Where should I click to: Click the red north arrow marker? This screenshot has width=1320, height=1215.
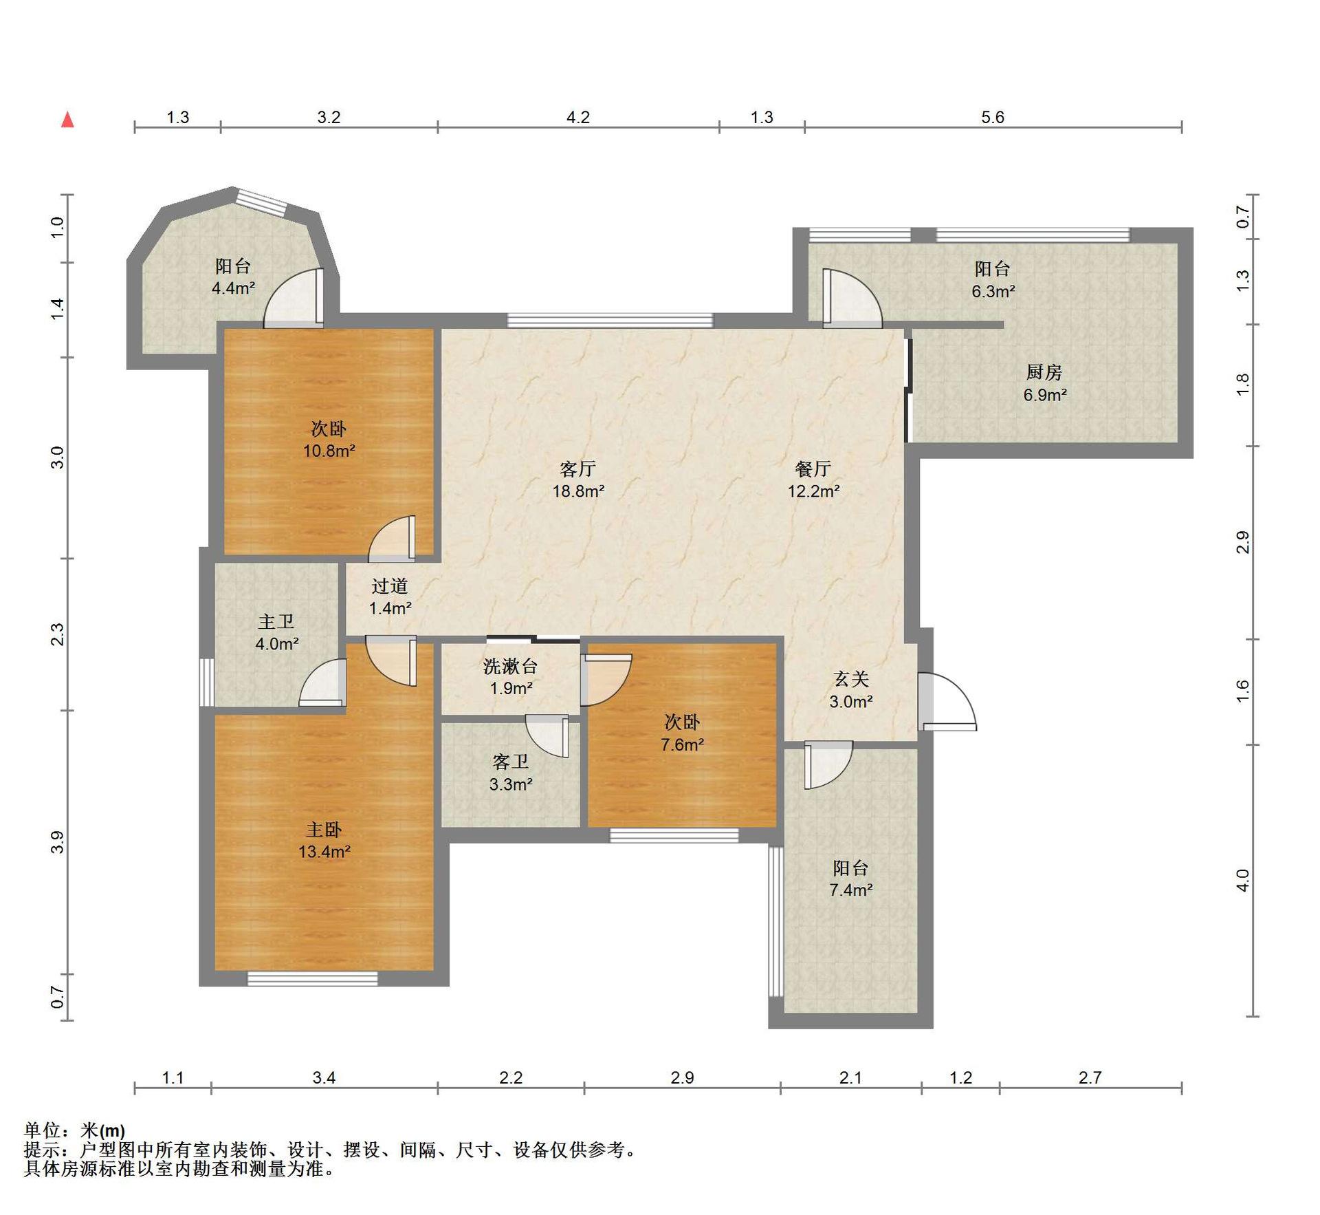tap(67, 120)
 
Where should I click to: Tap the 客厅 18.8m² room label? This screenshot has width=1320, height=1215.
tap(578, 480)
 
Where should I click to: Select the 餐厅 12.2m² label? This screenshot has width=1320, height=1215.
tap(813, 480)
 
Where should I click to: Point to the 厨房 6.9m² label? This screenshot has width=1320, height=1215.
tap(1044, 383)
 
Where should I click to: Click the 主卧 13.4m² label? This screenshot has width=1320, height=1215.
tap(324, 840)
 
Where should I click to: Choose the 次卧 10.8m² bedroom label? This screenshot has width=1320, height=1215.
tap(329, 440)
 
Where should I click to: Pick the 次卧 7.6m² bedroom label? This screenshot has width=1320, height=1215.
tap(682, 733)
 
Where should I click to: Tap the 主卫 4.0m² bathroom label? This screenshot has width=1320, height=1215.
tap(276, 632)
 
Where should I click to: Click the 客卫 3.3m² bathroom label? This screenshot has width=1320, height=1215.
tap(511, 773)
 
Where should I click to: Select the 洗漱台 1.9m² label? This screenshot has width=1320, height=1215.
tap(510, 677)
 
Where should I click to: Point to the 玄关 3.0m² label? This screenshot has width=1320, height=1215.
tap(851, 690)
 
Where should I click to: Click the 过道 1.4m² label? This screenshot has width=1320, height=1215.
tap(390, 596)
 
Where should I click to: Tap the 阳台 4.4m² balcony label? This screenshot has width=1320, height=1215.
tap(233, 277)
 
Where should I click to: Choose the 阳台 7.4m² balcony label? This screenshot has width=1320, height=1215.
tap(851, 879)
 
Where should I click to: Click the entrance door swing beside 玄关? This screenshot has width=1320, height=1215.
tap(947, 700)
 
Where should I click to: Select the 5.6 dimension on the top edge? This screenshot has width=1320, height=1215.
tap(993, 117)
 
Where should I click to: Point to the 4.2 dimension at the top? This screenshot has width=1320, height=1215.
tap(578, 117)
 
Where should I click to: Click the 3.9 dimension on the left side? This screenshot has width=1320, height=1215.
tap(57, 842)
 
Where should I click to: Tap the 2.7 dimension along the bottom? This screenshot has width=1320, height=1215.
tap(1090, 1077)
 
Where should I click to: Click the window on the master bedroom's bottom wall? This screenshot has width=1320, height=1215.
tap(313, 978)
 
